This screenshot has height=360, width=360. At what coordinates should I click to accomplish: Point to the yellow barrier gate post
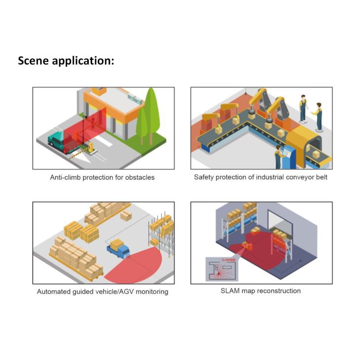pos(90,146)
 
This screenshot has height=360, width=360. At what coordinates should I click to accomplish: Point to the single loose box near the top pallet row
pos(126,215)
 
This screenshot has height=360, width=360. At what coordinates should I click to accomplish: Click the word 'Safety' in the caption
pos(204,177)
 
